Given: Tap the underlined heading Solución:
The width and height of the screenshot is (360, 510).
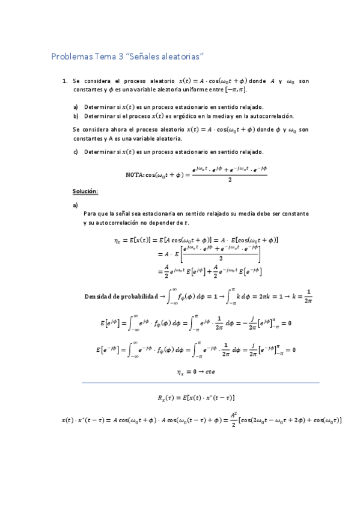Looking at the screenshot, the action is coord(85,191).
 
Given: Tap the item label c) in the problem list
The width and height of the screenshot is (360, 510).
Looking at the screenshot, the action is coord(76,151).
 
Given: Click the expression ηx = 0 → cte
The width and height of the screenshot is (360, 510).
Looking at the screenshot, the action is coord(197,372).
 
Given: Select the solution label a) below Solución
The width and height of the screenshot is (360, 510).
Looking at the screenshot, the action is coord(75,205).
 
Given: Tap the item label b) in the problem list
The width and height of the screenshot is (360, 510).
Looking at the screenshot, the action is coord(76,115).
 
